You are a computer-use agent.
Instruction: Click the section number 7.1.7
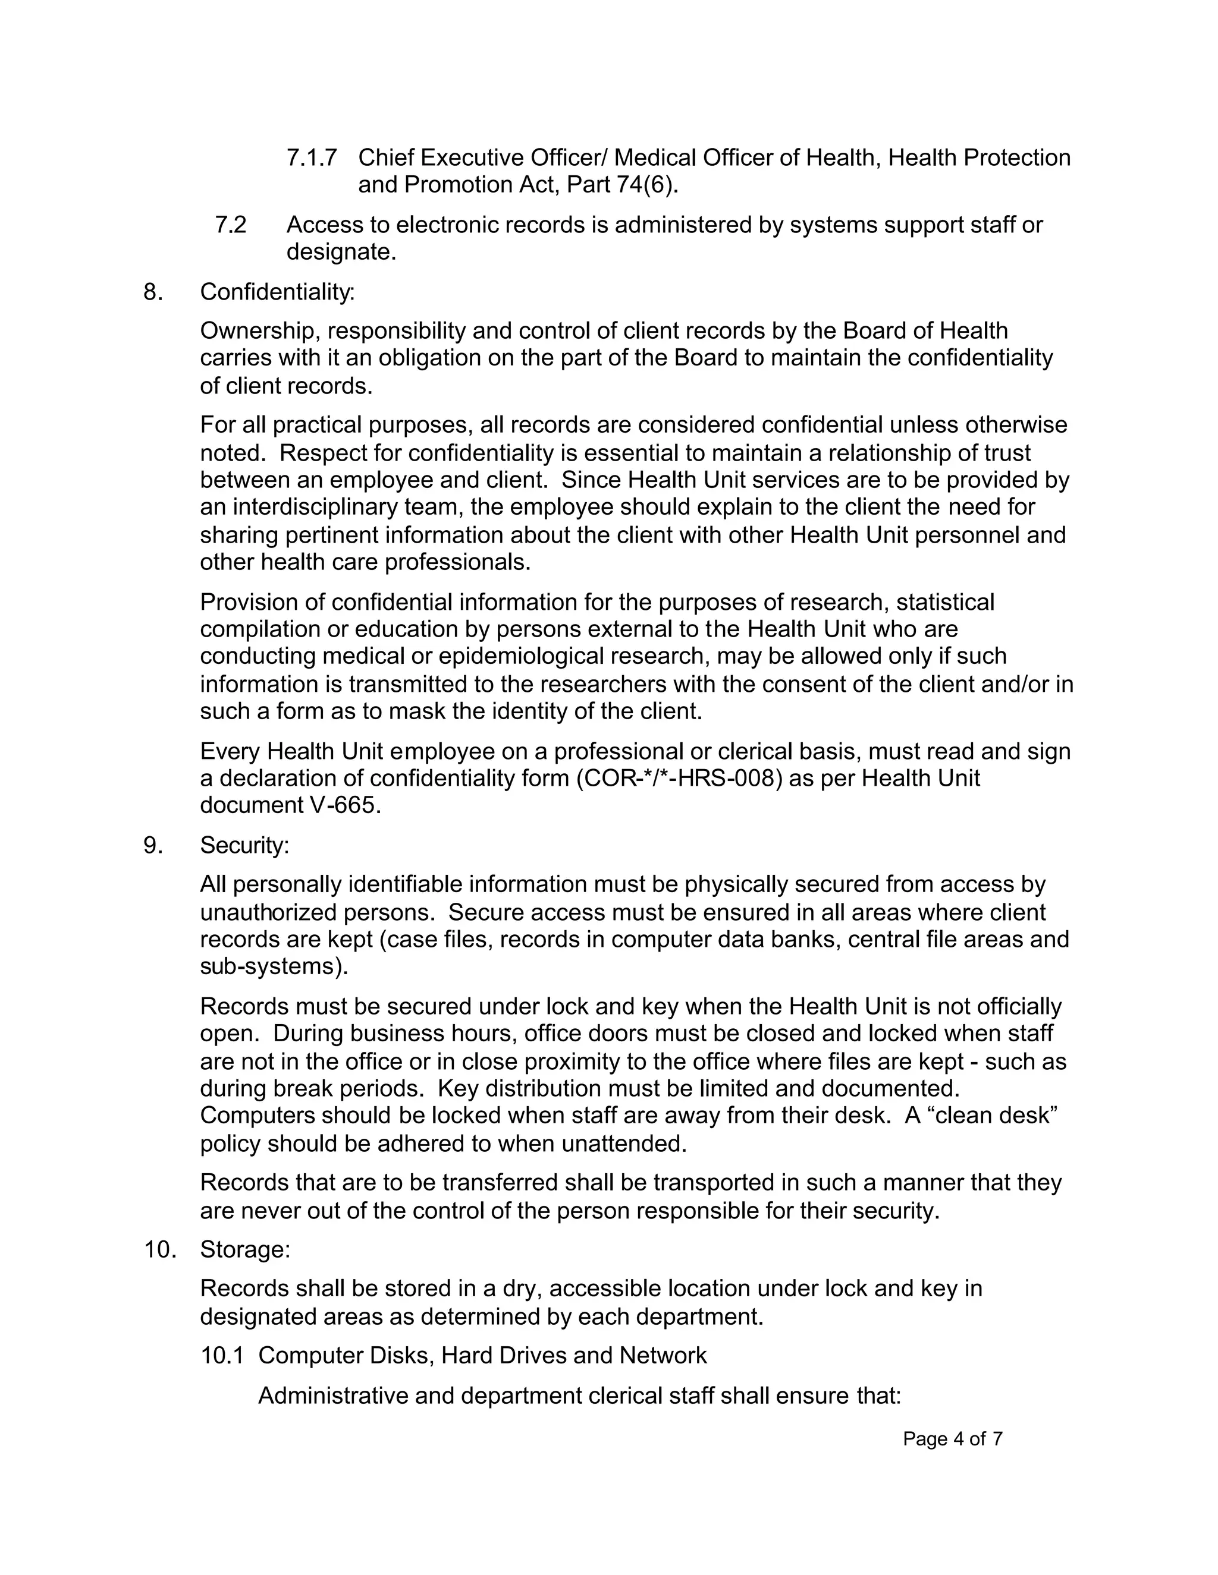tap(311, 157)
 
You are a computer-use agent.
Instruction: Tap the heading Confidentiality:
tap(277, 292)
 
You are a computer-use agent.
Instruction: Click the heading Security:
tap(244, 845)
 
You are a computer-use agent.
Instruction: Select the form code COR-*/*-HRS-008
tap(679, 779)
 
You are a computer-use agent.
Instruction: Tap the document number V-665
tap(344, 805)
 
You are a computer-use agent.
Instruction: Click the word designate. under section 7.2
tap(341, 253)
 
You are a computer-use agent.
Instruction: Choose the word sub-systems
tap(274, 967)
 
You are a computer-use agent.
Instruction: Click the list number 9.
tap(153, 845)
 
